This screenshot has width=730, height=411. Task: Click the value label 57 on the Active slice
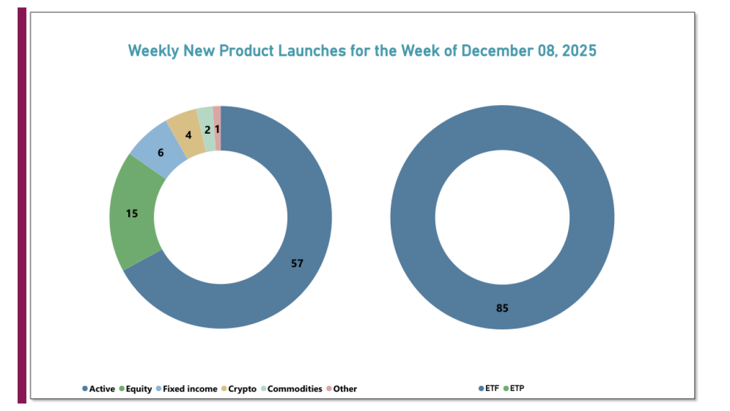pos(297,263)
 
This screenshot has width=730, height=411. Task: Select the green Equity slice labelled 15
pos(132,213)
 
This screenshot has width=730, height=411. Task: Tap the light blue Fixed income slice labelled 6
pos(160,153)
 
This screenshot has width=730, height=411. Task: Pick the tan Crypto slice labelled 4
pos(188,136)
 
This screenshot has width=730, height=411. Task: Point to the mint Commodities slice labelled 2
pos(207,130)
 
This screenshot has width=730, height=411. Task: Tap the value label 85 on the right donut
pos(502,308)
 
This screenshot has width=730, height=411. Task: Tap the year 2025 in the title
pos(579,51)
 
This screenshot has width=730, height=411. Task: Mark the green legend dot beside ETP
pos(505,389)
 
